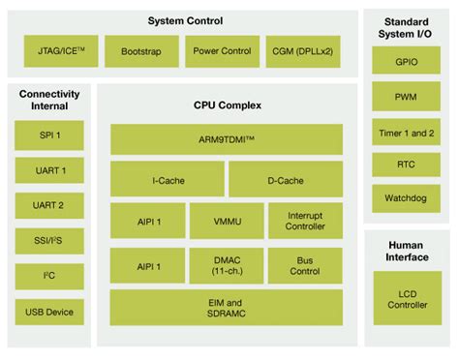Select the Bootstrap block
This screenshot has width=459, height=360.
pyautogui.click(x=141, y=51)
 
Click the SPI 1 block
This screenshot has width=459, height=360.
pyautogui.click(x=49, y=135)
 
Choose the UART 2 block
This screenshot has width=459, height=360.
pyautogui.click(x=49, y=206)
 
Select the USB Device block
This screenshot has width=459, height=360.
pyautogui.click(x=49, y=312)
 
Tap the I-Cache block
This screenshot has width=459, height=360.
pyautogui.click(x=167, y=179)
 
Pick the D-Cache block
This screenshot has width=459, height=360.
pyautogui.click(x=286, y=179)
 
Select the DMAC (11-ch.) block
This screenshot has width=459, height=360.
pyautogui.click(x=227, y=264)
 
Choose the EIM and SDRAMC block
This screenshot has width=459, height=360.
pyautogui.click(x=227, y=308)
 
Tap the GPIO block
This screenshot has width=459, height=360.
pyautogui.click(x=406, y=61)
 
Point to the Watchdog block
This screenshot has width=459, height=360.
pyautogui.click(x=406, y=199)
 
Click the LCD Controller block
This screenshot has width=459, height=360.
pyautogui.click(x=406, y=299)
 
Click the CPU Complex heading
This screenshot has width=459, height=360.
pyautogui.click(x=227, y=105)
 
